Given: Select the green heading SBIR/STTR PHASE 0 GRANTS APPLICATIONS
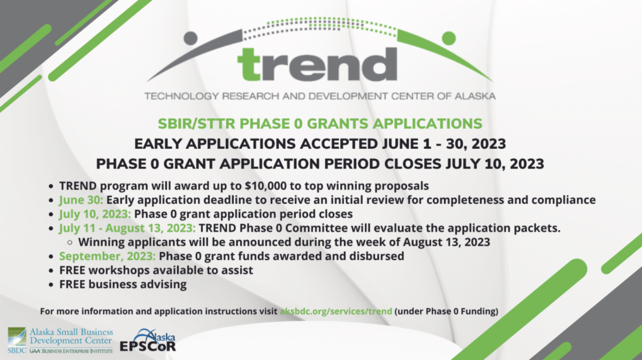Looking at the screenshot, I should click(320, 124).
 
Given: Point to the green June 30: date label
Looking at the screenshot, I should click(82, 200).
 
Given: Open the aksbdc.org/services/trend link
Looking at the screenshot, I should click(336, 311).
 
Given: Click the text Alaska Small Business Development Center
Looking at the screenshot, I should click(71, 336).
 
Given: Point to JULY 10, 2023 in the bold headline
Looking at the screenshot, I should click(490, 164).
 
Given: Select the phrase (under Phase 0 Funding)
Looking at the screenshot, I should click(446, 311).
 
